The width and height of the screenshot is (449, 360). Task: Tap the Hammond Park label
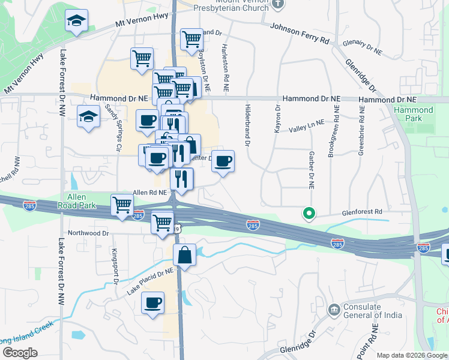(x=414, y=114)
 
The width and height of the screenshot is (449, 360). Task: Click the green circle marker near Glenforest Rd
(x=309, y=213)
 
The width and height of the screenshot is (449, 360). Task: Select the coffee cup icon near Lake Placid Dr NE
(x=152, y=302)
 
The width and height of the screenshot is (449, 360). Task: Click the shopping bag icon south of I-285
(x=184, y=254)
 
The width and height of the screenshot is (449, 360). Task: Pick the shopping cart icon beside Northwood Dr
(x=162, y=223)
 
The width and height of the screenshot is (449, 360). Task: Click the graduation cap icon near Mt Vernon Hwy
(x=77, y=22)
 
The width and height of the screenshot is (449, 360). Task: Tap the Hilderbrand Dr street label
(x=247, y=124)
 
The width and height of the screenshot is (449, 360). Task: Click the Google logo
(x=20, y=353)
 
